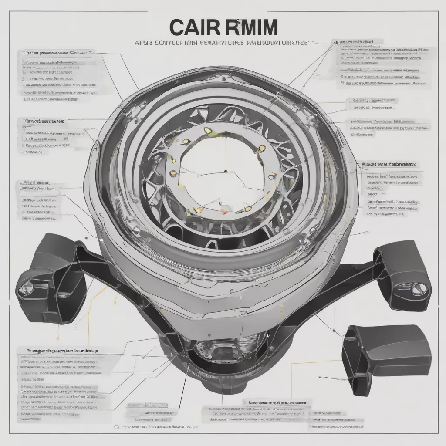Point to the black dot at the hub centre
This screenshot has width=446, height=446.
point(226,171)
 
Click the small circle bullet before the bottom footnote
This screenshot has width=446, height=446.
point(116,427)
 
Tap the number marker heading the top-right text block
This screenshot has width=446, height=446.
point(336,42)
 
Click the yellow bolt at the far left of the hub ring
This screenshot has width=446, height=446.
point(174,173)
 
